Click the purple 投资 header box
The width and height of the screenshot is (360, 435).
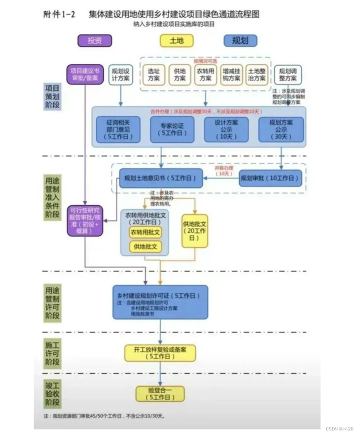[x=94, y=40]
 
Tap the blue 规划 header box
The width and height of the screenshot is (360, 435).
[x=240, y=40]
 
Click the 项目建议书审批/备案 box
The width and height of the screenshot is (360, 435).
[x=84, y=75]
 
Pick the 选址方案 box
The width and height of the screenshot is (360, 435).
[x=154, y=75]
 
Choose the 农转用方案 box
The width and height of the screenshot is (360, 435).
[x=205, y=75]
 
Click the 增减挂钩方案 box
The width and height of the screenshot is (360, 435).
[x=231, y=75]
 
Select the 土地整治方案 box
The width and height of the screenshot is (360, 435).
[x=256, y=75]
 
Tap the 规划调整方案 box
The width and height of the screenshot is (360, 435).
[x=288, y=75]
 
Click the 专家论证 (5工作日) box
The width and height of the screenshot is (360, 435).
[x=172, y=129]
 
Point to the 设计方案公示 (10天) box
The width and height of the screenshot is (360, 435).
[x=226, y=129]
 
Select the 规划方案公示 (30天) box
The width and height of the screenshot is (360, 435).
[x=281, y=129]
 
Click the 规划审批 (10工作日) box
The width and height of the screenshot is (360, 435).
[x=271, y=178]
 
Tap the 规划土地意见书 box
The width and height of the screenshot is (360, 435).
[x=161, y=178]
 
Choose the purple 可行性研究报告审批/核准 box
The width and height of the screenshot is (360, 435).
[x=85, y=221]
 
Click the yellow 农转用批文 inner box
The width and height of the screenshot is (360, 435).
[x=145, y=232]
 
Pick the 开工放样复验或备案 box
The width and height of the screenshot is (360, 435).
[x=160, y=353]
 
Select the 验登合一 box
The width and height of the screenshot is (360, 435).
[x=160, y=394]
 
